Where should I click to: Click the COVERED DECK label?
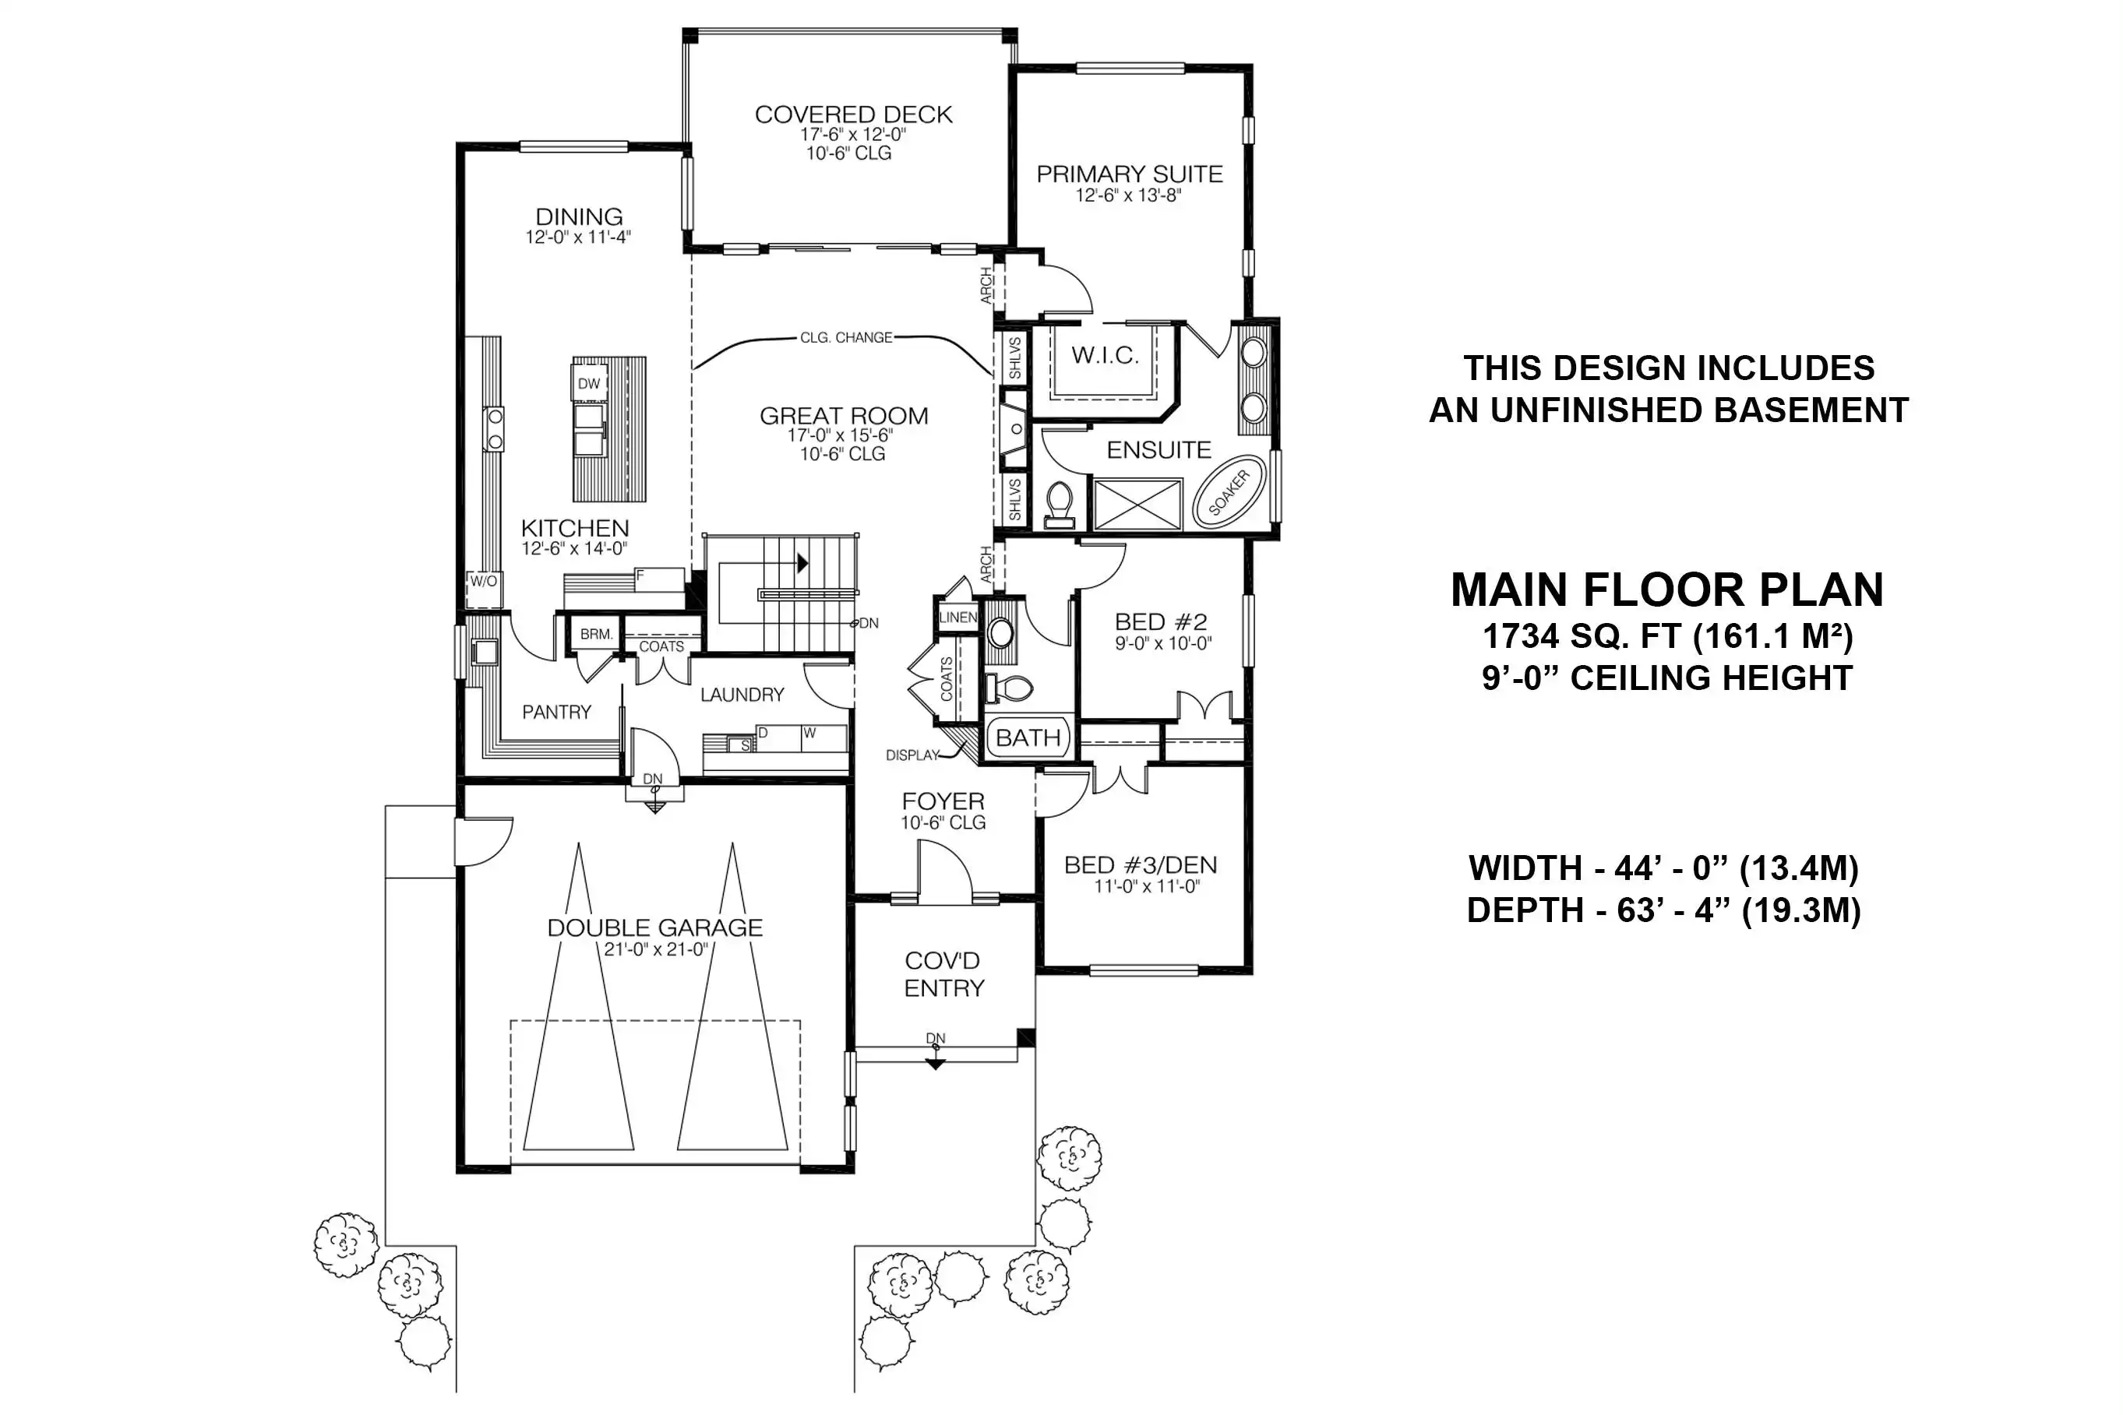(853, 114)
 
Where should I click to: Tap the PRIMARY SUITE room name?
(1129, 174)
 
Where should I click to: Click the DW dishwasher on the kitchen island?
(588, 383)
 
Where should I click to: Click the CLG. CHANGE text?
(846, 337)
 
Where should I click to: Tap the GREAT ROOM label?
(843, 416)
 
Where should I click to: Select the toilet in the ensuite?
(1058, 505)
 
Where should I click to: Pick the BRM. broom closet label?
(596, 635)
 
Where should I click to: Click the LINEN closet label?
(957, 618)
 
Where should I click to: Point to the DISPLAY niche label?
(912, 755)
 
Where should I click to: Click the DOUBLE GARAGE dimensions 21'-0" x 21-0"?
(656, 949)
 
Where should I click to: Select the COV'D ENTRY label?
(943, 975)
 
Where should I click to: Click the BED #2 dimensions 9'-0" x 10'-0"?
(1162, 643)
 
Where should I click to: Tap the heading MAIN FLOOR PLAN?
(1667, 590)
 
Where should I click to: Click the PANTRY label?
(556, 712)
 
